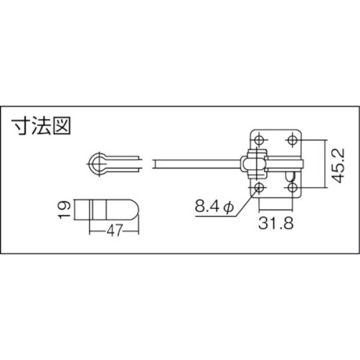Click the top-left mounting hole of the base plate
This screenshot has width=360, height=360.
(x=260, y=140)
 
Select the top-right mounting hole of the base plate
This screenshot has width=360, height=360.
(x=292, y=140)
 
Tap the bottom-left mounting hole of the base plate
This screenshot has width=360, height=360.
(x=260, y=188)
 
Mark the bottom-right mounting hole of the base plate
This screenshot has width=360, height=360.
(x=292, y=188)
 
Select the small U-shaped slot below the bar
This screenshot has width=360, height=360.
(x=290, y=175)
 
